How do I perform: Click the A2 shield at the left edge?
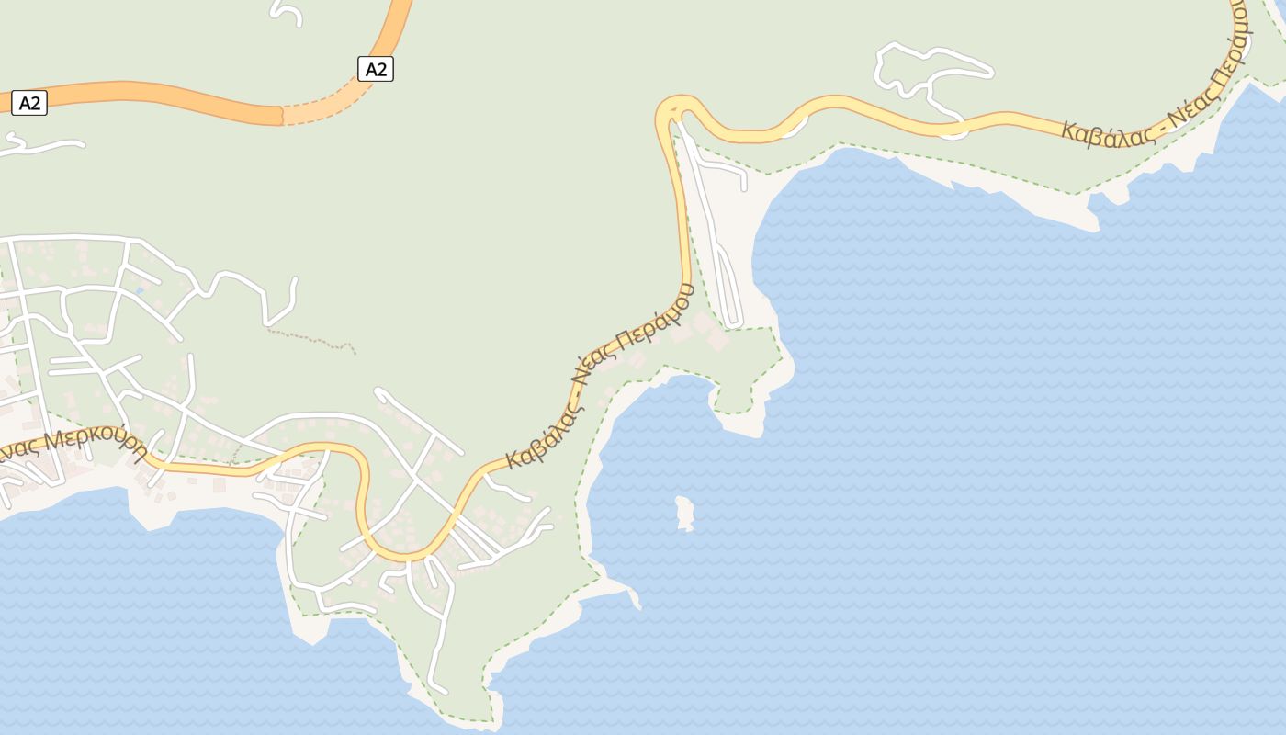click(x=29, y=102)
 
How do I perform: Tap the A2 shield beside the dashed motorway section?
click(x=375, y=69)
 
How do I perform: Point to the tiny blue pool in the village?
click(x=140, y=290)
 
